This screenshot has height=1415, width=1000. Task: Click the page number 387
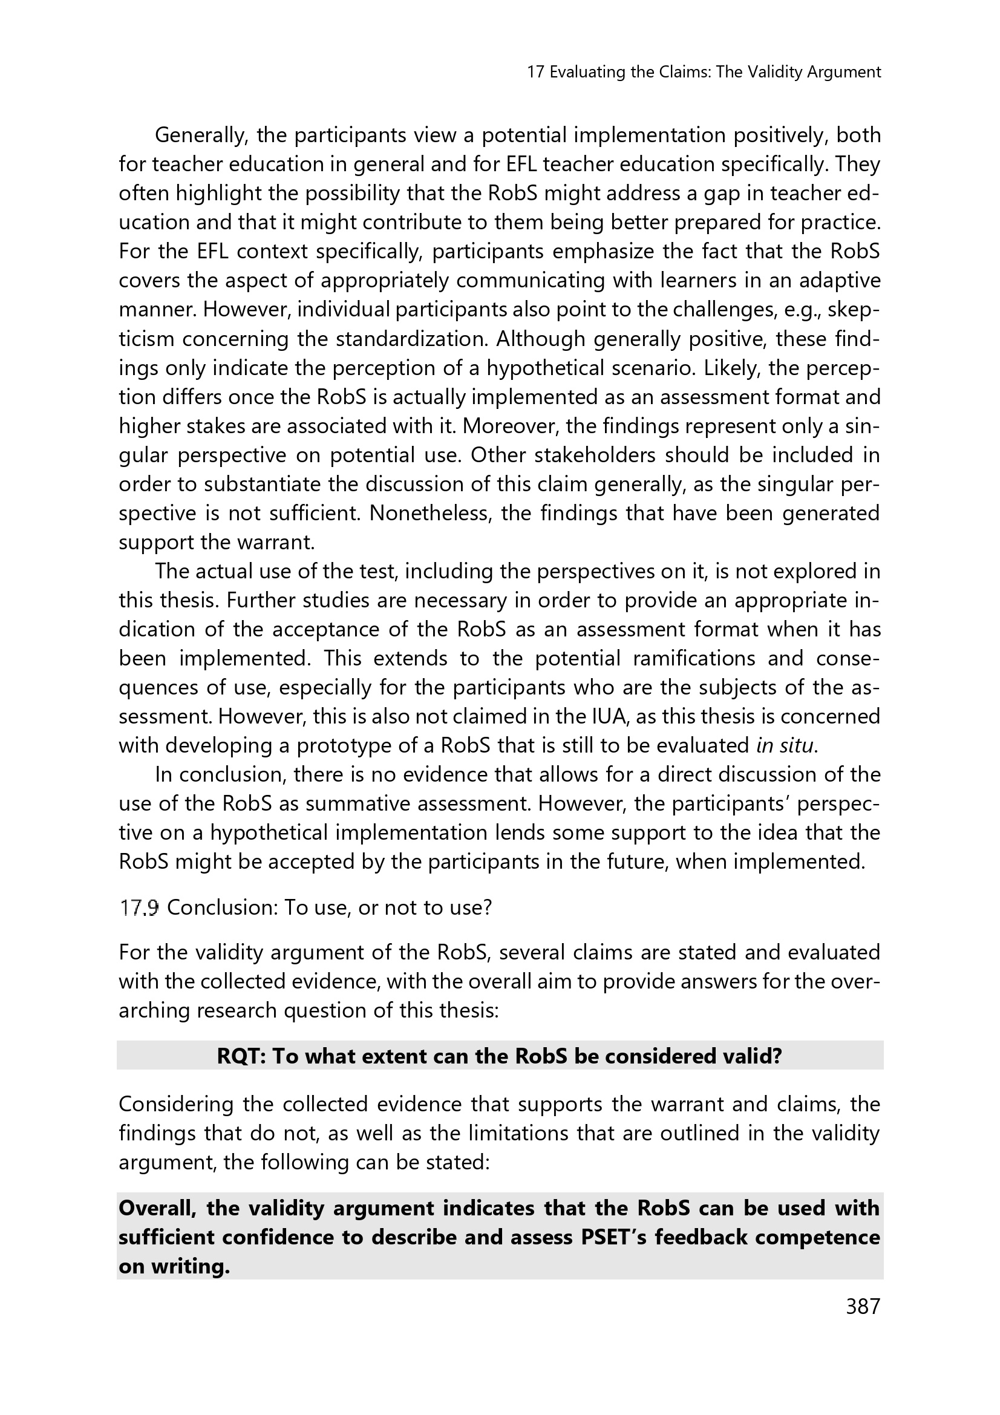pos(863,1324)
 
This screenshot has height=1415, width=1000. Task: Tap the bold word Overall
pos(157,1208)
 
